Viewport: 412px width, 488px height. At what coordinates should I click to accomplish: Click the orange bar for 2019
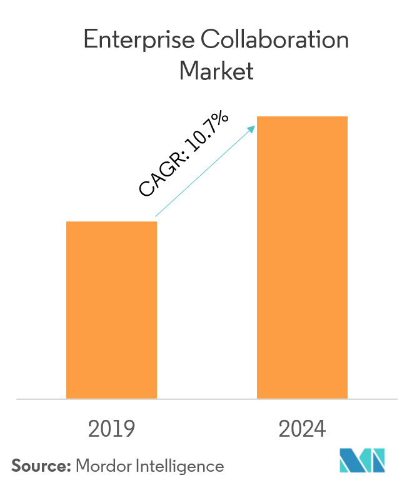coord(111,310)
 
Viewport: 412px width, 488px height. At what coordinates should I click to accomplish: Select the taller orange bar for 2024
coord(302,257)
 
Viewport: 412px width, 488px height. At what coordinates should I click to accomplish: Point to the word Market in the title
coord(216,71)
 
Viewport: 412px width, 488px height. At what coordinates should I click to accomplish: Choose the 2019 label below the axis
coord(112,430)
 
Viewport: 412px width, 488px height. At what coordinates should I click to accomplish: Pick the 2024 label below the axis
coord(303,430)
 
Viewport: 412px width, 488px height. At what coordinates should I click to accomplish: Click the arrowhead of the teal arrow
coord(252,128)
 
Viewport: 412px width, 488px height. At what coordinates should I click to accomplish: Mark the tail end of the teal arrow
coord(156,216)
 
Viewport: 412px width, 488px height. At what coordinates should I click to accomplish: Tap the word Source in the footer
coord(39,466)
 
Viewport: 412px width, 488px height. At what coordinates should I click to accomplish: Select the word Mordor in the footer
coord(100,466)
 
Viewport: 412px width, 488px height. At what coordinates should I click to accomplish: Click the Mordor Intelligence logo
coord(362,461)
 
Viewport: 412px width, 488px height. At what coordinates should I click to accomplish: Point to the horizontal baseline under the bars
coord(206,399)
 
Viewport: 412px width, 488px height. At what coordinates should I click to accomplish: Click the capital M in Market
coord(189,71)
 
